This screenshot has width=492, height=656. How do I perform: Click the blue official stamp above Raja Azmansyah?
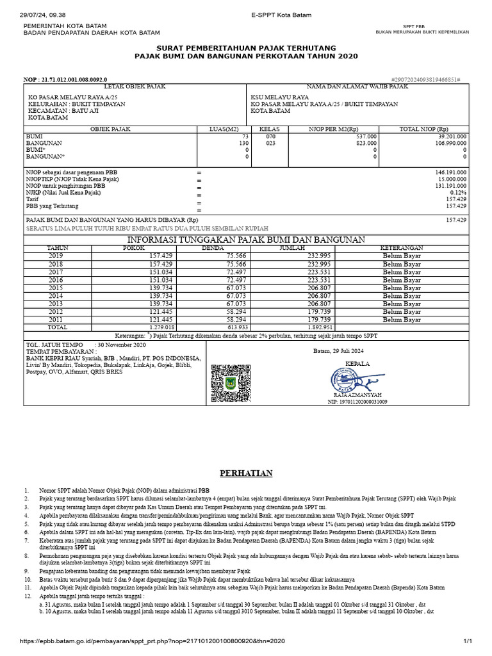[350, 382]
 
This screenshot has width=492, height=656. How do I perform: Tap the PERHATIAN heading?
[247, 473]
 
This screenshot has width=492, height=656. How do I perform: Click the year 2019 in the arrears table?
[57, 255]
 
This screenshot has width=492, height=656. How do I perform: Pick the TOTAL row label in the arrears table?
[57, 327]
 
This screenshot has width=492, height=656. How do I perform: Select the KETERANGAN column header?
[402, 247]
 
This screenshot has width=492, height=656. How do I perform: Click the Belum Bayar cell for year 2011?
[402, 319]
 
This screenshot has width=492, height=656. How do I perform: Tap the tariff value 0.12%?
[457, 192]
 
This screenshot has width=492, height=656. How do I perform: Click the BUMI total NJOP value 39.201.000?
[452, 136]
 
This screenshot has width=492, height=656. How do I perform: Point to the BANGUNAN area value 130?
[243, 143]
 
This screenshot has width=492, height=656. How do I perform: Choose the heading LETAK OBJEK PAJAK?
[135, 86]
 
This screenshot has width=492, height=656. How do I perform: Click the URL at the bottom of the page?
[152, 641]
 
